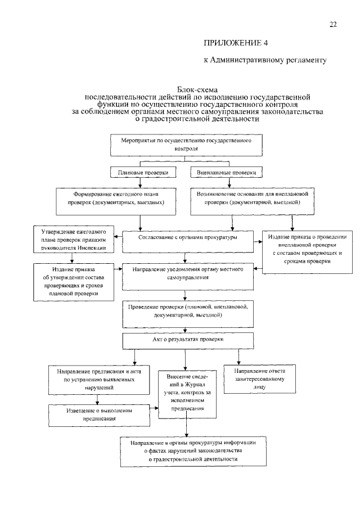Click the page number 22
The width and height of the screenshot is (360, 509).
click(x=333, y=25)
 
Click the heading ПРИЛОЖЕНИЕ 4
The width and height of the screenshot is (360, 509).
click(x=236, y=43)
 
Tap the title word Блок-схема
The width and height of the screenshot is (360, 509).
click(x=197, y=89)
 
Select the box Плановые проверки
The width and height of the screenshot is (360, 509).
click(x=143, y=172)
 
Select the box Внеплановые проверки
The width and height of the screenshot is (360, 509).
click(x=226, y=172)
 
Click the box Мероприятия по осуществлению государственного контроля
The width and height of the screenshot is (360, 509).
click(x=186, y=145)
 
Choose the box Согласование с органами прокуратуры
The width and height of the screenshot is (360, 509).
click(x=188, y=241)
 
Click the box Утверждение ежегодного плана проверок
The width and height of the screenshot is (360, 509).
click(x=74, y=240)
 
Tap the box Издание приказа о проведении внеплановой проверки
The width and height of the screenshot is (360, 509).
click(x=307, y=253)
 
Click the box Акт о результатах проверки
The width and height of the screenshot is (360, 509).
click(x=188, y=341)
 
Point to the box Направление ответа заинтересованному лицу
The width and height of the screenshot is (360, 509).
click(x=260, y=379)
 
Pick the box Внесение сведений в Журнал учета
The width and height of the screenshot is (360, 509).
click(x=187, y=394)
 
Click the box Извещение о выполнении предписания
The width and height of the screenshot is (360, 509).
click(x=99, y=415)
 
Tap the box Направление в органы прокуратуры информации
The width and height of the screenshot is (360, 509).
click(x=193, y=452)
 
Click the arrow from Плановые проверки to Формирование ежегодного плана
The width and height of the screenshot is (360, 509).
click(x=140, y=182)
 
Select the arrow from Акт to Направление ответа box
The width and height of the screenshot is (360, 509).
click(x=239, y=357)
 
